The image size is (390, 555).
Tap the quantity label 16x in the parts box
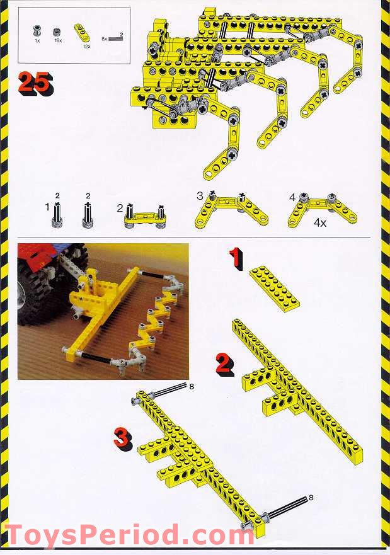57,40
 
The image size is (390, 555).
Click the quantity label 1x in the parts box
37,40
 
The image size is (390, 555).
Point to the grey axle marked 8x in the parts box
116,38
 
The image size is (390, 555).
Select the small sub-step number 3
200,196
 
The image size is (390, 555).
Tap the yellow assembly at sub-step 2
146,215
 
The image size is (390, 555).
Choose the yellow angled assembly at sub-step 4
322,211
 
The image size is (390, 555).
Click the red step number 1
235,258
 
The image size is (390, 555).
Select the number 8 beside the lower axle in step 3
311,498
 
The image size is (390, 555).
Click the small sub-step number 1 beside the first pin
47,206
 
